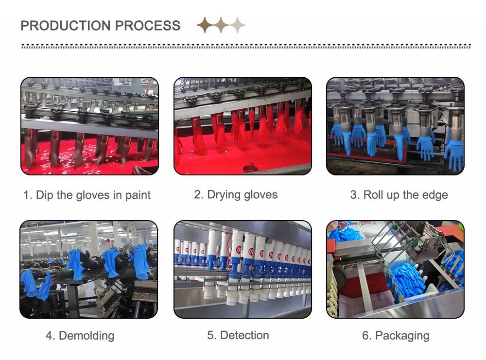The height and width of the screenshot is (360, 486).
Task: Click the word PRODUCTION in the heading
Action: point(66,26)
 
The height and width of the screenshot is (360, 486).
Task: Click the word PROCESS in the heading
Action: point(148,26)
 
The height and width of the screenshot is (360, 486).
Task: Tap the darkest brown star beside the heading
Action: point(205,25)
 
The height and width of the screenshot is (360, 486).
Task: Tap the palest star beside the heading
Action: point(238,25)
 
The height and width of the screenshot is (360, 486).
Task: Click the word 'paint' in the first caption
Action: point(138,195)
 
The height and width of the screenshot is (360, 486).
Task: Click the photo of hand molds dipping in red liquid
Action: point(89,126)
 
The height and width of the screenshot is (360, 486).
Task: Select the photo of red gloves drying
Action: point(243,126)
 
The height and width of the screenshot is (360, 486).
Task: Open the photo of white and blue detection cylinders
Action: point(243,269)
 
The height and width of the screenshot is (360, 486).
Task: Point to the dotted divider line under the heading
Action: point(246,46)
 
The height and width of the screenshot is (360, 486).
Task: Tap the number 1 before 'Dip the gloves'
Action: point(27,195)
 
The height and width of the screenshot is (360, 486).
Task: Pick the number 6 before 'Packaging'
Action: point(366,336)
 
